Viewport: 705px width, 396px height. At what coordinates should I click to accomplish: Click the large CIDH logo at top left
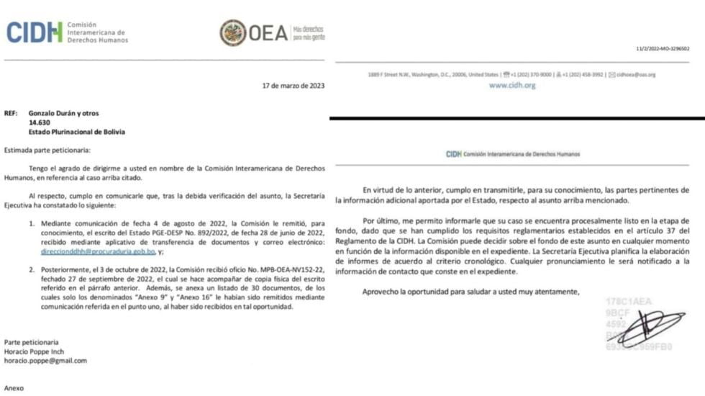click(x=35, y=32)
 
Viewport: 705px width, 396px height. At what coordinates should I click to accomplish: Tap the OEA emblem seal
click(x=232, y=33)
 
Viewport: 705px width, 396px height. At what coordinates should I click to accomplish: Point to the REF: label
click(x=11, y=113)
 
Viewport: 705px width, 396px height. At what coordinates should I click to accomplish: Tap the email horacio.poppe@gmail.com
click(x=45, y=361)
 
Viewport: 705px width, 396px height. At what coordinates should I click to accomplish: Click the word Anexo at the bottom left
click(x=14, y=388)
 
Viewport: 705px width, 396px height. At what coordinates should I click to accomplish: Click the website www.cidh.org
click(x=512, y=85)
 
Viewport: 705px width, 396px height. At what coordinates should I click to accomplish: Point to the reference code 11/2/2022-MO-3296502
click(x=662, y=48)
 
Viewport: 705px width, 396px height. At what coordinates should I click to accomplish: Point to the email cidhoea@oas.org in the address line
click(x=635, y=74)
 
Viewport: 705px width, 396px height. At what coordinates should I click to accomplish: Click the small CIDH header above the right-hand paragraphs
click(x=512, y=154)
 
